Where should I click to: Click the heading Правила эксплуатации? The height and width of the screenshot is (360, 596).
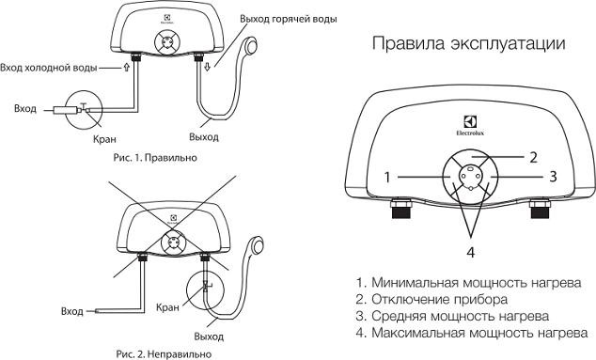(x=469, y=44)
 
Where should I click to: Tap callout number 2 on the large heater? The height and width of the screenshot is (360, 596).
(x=532, y=156)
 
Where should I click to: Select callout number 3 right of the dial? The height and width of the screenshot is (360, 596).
(x=555, y=175)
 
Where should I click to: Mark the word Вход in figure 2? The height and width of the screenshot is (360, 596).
(x=71, y=310)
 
